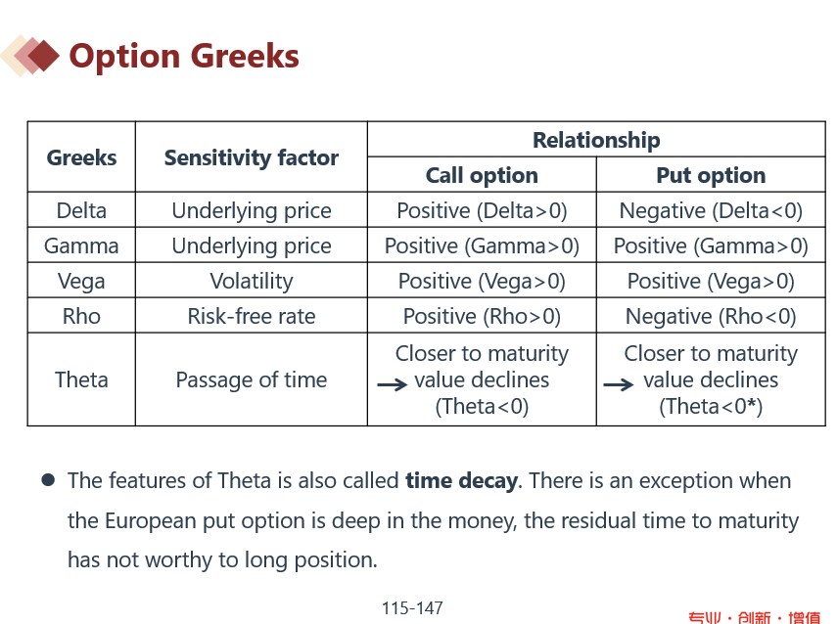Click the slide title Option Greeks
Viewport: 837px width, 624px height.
pyautogui.click(x=183, y=56)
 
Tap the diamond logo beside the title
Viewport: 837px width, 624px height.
pyautogui.click(x=30, y=56)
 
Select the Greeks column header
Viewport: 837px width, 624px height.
pyautogui.click(x=81, y=157)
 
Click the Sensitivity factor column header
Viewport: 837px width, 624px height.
pyautogui.click(x=251, y=157)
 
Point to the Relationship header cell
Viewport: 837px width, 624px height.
pyautogui.click(x=595, y=140)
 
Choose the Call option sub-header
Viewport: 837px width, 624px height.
pyautogui.click(x=481, y=175)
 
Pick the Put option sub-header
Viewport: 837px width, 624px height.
pyautogui.click(x=710, y=175)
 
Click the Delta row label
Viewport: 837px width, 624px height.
pyautogui.click(x=81, y=210)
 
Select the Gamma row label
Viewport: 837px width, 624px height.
pyautogui.click(x=81, y=245)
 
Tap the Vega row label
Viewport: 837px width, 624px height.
pyautogui.click(x=81, y=282)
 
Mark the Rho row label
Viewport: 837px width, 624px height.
pyautogui.click(x=81, y=317)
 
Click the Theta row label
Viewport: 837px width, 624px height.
pyautogui.click(x=81, y=379)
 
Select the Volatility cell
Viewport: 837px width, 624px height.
pyautogui.click(x=251, y=282)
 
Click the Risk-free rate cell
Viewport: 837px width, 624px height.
pyautogui.click(x=251, y=317)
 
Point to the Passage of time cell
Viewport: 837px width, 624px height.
pyautogui.click(x=251, y=379)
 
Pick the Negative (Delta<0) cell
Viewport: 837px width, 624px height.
pyautogui.click(x=710, y=210)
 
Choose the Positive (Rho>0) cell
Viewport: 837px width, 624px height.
pyautogui.click(x=481, y=317)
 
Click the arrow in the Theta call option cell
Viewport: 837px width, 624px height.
pyautogui.click(x=392, y=385)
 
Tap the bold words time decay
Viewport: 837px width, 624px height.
pyautogui.click(x=462, y=481)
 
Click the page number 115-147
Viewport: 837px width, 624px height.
pyautogui.click(x=412, y=608)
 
